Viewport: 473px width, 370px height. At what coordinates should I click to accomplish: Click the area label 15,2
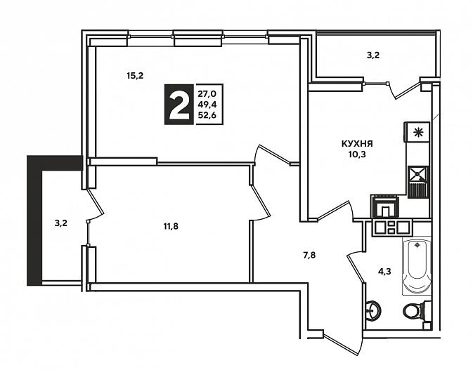pos(135,76)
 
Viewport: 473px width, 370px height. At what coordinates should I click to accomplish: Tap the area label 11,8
pos(171,226)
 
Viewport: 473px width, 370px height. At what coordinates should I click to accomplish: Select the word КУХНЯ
pos(357,144)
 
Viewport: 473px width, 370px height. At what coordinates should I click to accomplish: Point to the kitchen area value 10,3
pos(357,154)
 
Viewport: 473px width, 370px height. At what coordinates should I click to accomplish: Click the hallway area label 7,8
pos(309,256)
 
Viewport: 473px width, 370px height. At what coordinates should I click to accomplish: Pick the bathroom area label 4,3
pos(384,272)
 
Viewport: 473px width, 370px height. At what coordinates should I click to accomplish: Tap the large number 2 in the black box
pos(179,105)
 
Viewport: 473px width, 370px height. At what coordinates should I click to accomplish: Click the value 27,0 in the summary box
pos(207,93)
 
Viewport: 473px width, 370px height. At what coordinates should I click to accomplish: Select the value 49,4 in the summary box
pos(207,105)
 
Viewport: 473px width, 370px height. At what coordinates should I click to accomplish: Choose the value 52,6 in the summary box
pos(207,115)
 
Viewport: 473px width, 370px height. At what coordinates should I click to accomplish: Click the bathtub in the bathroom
pos(417,266)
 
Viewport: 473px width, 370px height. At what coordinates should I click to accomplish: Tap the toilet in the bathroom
pos(414,310)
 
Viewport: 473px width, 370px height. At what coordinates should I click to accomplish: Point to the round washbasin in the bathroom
pos(373,309)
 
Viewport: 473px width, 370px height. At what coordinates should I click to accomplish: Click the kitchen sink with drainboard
pos(417,182)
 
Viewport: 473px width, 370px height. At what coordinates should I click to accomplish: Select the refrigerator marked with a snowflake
pos(417,132)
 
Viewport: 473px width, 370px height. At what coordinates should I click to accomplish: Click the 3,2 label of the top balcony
pos(373,55)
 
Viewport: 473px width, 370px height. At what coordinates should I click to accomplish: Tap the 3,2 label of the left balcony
pos(61,223)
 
